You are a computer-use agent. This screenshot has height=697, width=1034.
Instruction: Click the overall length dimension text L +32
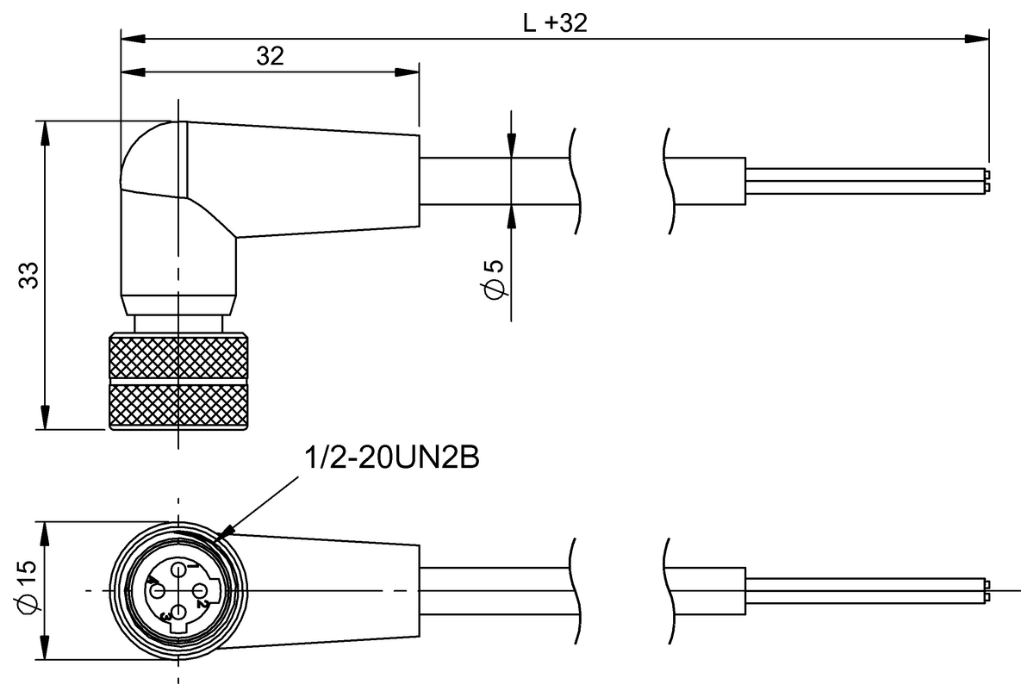(x=555, y=23)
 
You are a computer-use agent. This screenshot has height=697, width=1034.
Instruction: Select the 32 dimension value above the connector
(x=270, y=56)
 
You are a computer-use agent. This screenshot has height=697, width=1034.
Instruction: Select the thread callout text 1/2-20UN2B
(x=393, y=458)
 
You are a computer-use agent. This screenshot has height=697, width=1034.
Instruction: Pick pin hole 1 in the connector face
(x=178, y=570)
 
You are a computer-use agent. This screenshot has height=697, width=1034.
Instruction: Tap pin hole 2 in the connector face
(x=199, y=591)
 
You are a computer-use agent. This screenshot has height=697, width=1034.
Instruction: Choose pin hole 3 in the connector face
(x=178, y=613)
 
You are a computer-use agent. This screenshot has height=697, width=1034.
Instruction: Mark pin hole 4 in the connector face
(x=158, y=591)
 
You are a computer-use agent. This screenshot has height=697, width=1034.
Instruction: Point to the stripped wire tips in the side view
(x=986, y=180)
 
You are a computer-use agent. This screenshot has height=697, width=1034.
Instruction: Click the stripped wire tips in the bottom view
(x=986, y=591)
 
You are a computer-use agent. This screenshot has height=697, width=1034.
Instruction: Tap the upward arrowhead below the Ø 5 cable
(x=512, y=216)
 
